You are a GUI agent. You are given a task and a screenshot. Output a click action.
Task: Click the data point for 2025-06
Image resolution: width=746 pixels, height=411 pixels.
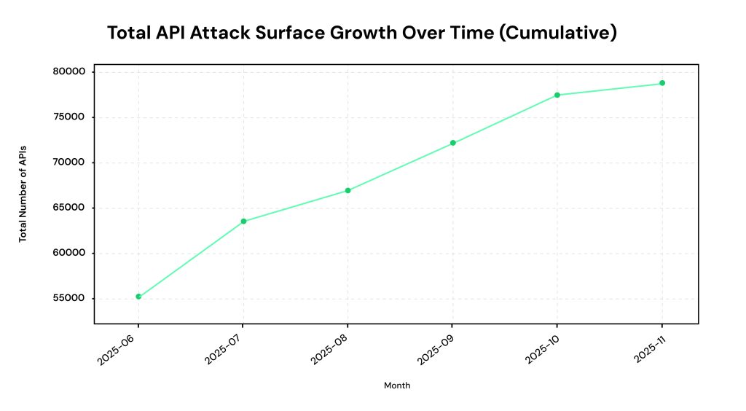[x=138, y=297]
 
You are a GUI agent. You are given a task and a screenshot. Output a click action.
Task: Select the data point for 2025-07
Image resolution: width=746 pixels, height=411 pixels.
[x=243, y=222]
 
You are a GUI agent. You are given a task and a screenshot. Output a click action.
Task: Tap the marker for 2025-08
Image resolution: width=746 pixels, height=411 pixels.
[x=348, y=190]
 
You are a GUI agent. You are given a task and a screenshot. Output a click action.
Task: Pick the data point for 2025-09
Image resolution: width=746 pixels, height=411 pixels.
[x=452, y=143]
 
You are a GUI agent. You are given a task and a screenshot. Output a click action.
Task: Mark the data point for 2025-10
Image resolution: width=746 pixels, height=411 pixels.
[x=557, y=95]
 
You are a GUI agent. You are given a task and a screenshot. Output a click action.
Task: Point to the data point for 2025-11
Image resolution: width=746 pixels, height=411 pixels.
[x=662, y=83]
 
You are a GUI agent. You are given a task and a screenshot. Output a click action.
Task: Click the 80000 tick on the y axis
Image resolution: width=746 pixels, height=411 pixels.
[x=68, y=71]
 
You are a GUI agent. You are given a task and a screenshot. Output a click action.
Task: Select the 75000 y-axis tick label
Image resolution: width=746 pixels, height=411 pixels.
[x=68, y=117]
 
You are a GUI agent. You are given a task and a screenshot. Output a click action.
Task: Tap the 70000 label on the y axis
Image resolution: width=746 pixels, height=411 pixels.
[x=68, y=163]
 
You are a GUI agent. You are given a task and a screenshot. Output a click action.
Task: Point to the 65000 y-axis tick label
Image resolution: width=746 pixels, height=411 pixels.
[x=68, y=208]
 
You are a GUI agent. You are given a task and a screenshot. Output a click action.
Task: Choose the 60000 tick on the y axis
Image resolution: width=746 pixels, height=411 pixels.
[x=68, y=253]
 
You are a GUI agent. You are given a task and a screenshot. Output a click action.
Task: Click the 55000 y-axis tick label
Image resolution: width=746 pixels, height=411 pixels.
[x=68, y=299]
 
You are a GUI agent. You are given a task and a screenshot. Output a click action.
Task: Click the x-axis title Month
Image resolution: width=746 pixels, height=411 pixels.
[x=397, y=385]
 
